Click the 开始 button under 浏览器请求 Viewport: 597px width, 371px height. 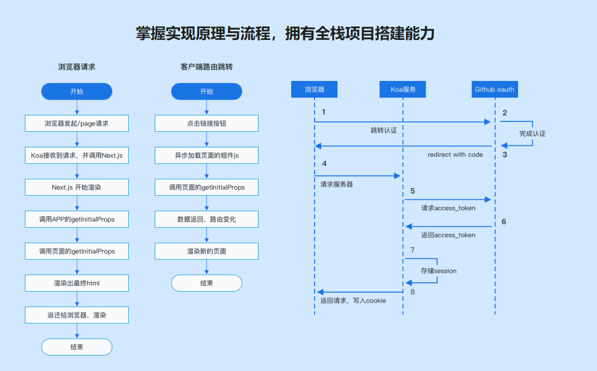[x=77, y=91]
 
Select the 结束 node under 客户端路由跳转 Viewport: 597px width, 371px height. [x=207, y=283]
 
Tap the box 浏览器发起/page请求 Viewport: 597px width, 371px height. [x=77, y=123]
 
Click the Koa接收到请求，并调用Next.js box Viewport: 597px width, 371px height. [x=77, y=155]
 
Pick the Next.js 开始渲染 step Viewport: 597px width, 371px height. [x=77, y=187]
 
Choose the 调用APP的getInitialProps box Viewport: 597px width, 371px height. [x=77, y=219]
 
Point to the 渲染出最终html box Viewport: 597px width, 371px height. [x=77, y=283]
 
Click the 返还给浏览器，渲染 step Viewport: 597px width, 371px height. [x=77, y=315]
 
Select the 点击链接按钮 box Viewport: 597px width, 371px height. [x=207, y=123]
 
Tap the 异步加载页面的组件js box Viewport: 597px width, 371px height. [x=207, y=155]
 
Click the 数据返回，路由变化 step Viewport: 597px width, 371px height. [x=207, y=219]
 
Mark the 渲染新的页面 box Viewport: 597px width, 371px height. [x=207, y=251]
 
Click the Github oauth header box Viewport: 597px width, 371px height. [x=494, y=89]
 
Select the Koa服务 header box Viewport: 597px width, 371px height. [x=403, y=89]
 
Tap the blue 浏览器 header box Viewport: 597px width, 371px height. [x=314, y=89]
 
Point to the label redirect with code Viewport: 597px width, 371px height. [x=455, y=155]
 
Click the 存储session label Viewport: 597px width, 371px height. [x=439, y=271]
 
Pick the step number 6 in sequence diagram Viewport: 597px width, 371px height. [x=504, y=222]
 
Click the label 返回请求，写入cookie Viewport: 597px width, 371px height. [x=353, y=300]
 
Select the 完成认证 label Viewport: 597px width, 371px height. [x=532, y=133]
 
